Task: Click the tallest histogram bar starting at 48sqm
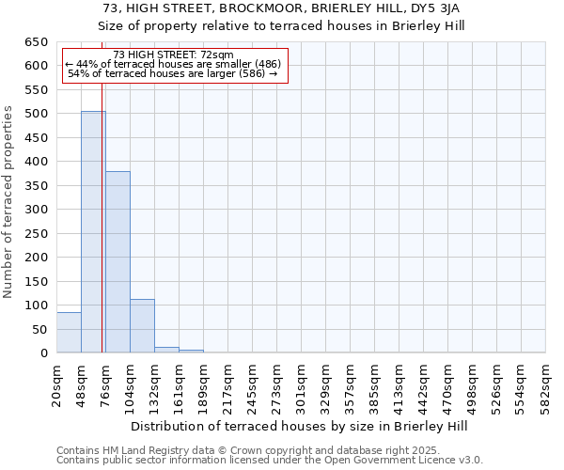(x=93, y=232)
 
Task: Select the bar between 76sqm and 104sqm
(x=117, y=262)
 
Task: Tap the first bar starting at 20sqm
(x=69, y=333)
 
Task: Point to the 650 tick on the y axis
(x=36, y=42)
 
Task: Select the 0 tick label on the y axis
(x=43, y=353)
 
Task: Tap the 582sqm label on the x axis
(x=546, y=384)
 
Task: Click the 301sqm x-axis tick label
(x=302, y=384)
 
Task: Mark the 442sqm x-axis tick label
(x=424, y=384)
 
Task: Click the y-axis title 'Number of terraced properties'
(x=9, y=202)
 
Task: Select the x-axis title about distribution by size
(x=301, y=426)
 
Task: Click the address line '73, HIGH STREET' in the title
(x=282, y=8)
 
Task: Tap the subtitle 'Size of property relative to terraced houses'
(x=282, y=25)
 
